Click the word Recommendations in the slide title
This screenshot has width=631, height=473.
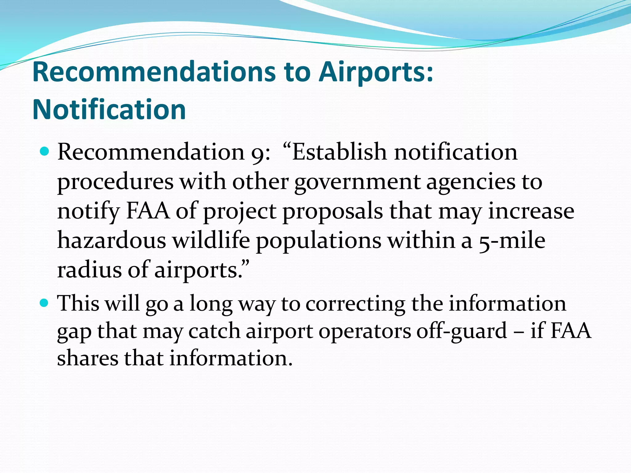point(154,72)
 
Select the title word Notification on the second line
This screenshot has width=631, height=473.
point(109,110)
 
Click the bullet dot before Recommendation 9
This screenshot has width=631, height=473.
point(45,152)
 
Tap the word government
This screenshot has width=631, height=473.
point(357,182)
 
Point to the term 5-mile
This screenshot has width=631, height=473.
point(512,241)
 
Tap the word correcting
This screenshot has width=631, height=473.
point(355,304)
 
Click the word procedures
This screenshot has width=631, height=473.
point(116,182)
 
